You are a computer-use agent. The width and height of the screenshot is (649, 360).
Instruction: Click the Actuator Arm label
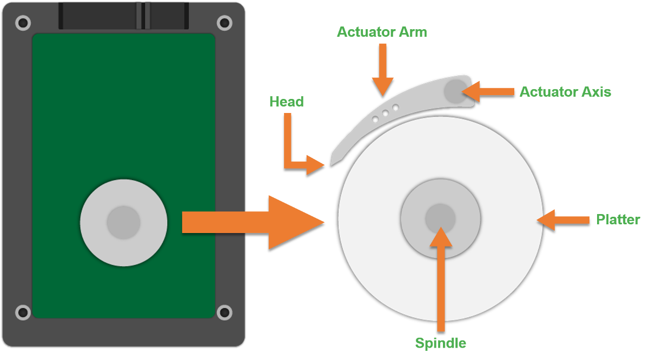(382, 32)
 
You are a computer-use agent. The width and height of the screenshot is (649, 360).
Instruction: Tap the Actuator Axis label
(565, 91)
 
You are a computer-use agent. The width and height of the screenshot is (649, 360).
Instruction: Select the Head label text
(286, 102)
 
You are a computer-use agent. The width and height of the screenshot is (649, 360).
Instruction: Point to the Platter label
(618, 219)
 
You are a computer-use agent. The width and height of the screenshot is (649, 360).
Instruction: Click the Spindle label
(440, 343)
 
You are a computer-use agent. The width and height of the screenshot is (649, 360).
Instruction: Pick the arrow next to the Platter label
(562, 219)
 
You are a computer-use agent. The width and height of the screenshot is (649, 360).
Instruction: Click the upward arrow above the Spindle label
(440, 276)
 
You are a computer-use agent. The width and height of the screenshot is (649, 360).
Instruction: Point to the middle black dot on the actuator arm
(385, 113)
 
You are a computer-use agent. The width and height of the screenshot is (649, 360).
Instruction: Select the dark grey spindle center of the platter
(440, 218)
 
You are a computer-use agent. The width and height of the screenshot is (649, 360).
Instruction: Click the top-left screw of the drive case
(23, 23)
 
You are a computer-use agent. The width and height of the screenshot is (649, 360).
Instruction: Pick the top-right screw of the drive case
(224, 23)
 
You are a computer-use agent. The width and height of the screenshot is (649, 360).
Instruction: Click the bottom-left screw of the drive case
(23, 312)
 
